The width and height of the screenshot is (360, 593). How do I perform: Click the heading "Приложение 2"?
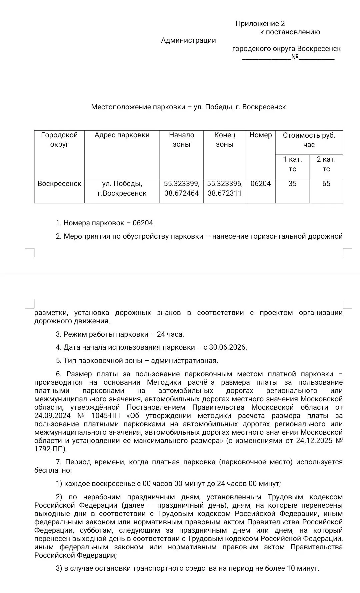pyautogui.click(x=260, y=23)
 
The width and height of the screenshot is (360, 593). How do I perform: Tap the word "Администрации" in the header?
pyautogui.click(x=188, y=40)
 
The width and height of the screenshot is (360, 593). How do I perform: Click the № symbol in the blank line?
pyautogui.click(x=295, y=57)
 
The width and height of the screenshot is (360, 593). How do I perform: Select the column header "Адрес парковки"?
pyautogui.click(x=122, y=135)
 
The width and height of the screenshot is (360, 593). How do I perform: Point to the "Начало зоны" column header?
pyautogui.click(x=181, y=139)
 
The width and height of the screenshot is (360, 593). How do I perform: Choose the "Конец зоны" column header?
pyautogui.click(x=225, y=139)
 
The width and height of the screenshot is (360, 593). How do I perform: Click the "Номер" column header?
pyautogui.click(x=261, y=135)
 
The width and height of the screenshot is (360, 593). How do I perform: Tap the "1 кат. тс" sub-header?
pyautogui.click(x=292, y=164)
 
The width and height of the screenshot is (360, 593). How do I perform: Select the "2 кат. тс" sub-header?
pyautogui.click(x=326, y=164)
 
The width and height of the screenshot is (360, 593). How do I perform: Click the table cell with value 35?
pyautogui.click(x=292, y=184)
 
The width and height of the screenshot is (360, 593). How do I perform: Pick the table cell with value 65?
pyautogui.click(x=326, y=184)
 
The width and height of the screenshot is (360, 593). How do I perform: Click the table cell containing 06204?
pyautogui.click(x=261, y=184)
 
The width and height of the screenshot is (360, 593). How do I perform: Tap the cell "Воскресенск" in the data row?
pyautogui.click(x=59, y=184)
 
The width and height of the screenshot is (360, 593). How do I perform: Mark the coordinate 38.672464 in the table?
pyautogui.click(x=181, y=193)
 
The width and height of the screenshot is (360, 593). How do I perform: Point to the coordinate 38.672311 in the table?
pyautogui.click(x=224, y=193)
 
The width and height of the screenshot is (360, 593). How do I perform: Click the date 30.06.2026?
pyautogui.click(x=228, y=347)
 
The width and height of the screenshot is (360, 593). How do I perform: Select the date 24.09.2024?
pyautogui.click(x=52, y=416)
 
